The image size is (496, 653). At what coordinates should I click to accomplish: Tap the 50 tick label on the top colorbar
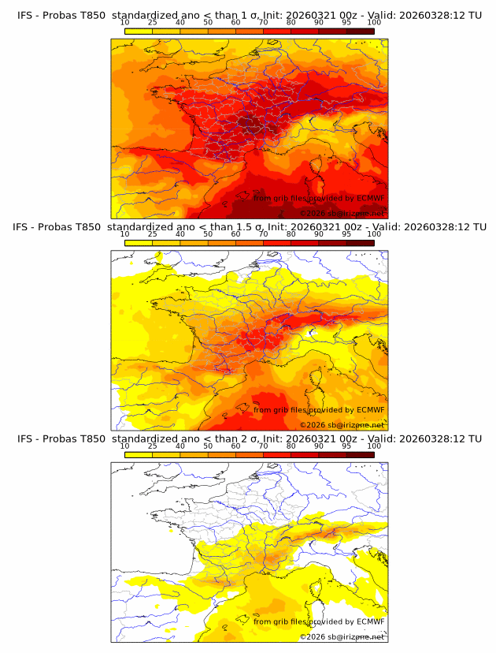pyautogui.click(x=208, y=22)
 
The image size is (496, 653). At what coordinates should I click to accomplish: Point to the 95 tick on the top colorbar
pyautogui.click(x=346, y=22)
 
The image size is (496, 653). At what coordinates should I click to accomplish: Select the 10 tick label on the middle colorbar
pyautogui.click(x=124, y=234)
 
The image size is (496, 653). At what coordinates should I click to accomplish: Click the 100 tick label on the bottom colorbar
pyautogui.click(x=374, y=446)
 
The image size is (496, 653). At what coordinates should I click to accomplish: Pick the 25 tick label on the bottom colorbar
pyautogui.click(x=152, y=446)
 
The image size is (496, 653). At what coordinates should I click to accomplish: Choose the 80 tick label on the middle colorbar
pyautogui.click(x=291, y=234)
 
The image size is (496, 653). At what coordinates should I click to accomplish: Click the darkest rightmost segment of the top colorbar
pyautogui.click(x=360, y=31)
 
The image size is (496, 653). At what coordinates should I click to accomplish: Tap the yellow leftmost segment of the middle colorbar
pyautogui.click(x=139, y=243)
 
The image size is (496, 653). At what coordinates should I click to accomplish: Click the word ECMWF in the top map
pyautogui.click(x=370, y=198)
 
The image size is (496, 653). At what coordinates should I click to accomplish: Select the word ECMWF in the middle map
pyautogui.click(x=370, y=410)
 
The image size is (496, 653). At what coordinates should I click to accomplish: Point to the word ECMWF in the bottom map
pyautogui.click(x=370, y=622)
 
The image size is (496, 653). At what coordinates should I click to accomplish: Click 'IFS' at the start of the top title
pyautogui.click(x=25, y=14)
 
